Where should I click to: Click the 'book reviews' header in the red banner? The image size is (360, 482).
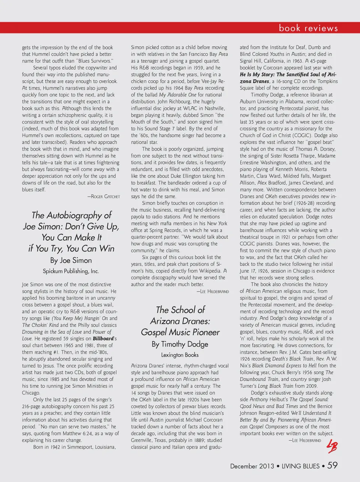point(308,28)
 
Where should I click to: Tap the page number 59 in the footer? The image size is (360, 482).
point(332,465)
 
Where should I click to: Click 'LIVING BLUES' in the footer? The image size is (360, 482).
point(300,466)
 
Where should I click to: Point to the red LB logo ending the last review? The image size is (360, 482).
point(332,446)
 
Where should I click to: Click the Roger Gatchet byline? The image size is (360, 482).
point(103,196)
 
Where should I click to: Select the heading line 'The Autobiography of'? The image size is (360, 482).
point(71,215)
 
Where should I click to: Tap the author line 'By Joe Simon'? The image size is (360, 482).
point(71,260)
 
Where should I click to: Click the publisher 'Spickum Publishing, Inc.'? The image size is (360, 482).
point(71,271)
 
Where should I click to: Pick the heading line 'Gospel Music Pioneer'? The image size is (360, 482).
point(180,332)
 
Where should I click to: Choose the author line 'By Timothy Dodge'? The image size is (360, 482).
point(180,344)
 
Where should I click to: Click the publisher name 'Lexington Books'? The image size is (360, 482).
point(180,355)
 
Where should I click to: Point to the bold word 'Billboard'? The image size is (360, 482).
point(103,339)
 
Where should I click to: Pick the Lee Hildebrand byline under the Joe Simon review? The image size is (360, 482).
point(212,291)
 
